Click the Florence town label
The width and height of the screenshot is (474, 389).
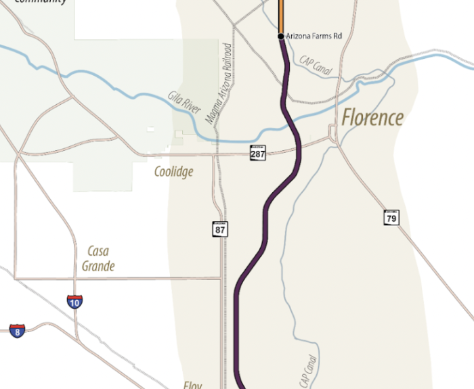[372, 118]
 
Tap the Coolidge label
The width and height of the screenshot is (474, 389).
[173, 172]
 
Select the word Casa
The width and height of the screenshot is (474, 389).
[98, 252]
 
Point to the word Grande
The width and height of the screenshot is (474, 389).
[98, 266]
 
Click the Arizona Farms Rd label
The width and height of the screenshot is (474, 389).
[314, 36]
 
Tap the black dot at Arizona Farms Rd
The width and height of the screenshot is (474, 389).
[280, 36]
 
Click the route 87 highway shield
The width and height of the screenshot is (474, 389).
[220, 229]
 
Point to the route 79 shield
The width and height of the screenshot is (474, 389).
[391, 217]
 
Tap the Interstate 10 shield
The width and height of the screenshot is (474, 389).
[74, 302]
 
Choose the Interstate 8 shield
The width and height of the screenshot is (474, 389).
[17, 330]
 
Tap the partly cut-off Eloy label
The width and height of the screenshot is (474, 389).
[192, 385]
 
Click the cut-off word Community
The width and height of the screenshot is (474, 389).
[41, 2]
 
